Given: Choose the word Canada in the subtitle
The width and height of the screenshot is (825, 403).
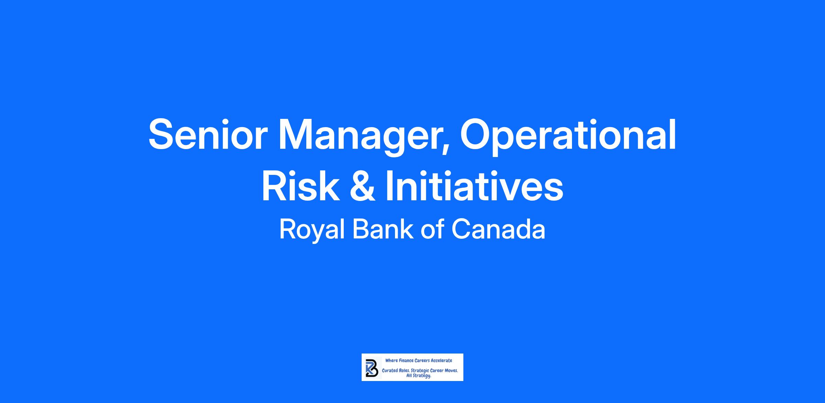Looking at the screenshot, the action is [498, 229].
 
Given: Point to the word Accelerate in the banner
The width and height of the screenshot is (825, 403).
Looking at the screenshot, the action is [442, 360].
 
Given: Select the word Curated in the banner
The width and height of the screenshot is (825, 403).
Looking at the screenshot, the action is [390, 371].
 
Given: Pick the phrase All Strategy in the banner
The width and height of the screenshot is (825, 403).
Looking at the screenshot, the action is [419, 376].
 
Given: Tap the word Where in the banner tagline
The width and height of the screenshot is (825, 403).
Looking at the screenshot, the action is [391, 360].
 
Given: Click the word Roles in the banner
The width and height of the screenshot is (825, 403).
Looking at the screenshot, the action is [405, 371].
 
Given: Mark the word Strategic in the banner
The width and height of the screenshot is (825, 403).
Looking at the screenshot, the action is [420, 371].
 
